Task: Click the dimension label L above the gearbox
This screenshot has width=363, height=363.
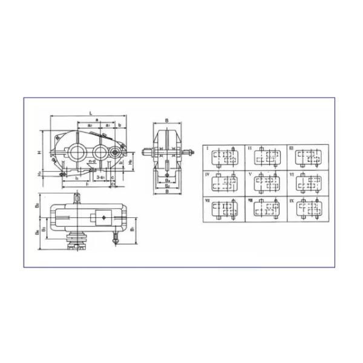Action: pyautogui.click(x=90, y=113)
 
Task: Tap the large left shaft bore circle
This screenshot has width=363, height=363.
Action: pyautogui.click(x=77, y=151)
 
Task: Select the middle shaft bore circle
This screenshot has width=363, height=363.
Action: pyautogui.click(x=99, y=151)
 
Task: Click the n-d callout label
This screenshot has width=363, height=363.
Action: pyautogui.click(x=93, y=162)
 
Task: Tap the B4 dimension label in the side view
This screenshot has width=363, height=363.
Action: pyautogui.click(x=166, y=180)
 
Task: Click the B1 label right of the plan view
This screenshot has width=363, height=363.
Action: pyautogui.click(x=134, y=231)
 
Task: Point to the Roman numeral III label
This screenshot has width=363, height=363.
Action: pyautogui.click(x=291, y=148)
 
